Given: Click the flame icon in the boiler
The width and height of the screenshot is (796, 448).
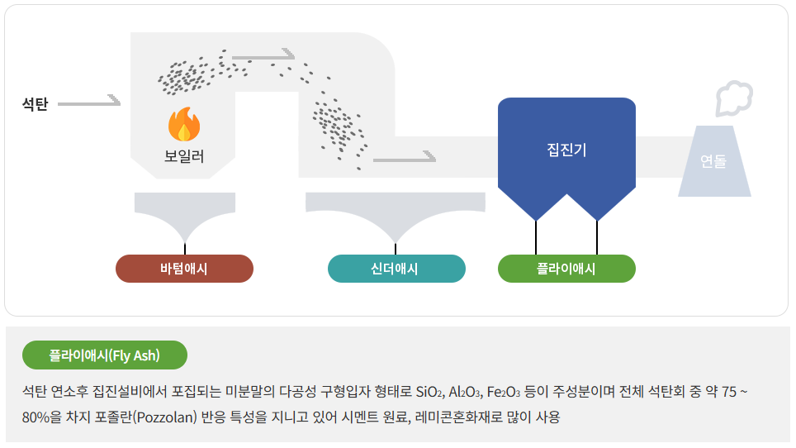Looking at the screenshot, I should point(184,126).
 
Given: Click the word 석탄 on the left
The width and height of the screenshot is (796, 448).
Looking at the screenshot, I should point(36,104).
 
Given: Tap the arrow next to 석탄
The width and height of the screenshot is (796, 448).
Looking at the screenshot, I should point(89,103).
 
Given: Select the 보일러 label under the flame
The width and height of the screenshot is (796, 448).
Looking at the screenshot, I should point(184,155).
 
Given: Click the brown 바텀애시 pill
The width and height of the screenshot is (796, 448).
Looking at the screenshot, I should point(184,269).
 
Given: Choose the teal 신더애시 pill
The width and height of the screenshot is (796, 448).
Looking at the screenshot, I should point(396,269).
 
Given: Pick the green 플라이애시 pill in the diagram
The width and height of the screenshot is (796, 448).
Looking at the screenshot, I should point(566,269).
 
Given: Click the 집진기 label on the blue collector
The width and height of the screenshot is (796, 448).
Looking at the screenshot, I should point(566,150).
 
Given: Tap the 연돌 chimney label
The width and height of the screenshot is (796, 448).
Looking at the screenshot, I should point(713,162).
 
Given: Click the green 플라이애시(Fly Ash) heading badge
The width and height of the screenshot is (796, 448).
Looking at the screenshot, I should point(105,355).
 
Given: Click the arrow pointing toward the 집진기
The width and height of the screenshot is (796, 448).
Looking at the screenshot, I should point(404,157).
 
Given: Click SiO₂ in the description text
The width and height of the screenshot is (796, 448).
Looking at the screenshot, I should point(429,392).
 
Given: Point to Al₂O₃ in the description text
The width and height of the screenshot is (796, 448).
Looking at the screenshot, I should point(467,392).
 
